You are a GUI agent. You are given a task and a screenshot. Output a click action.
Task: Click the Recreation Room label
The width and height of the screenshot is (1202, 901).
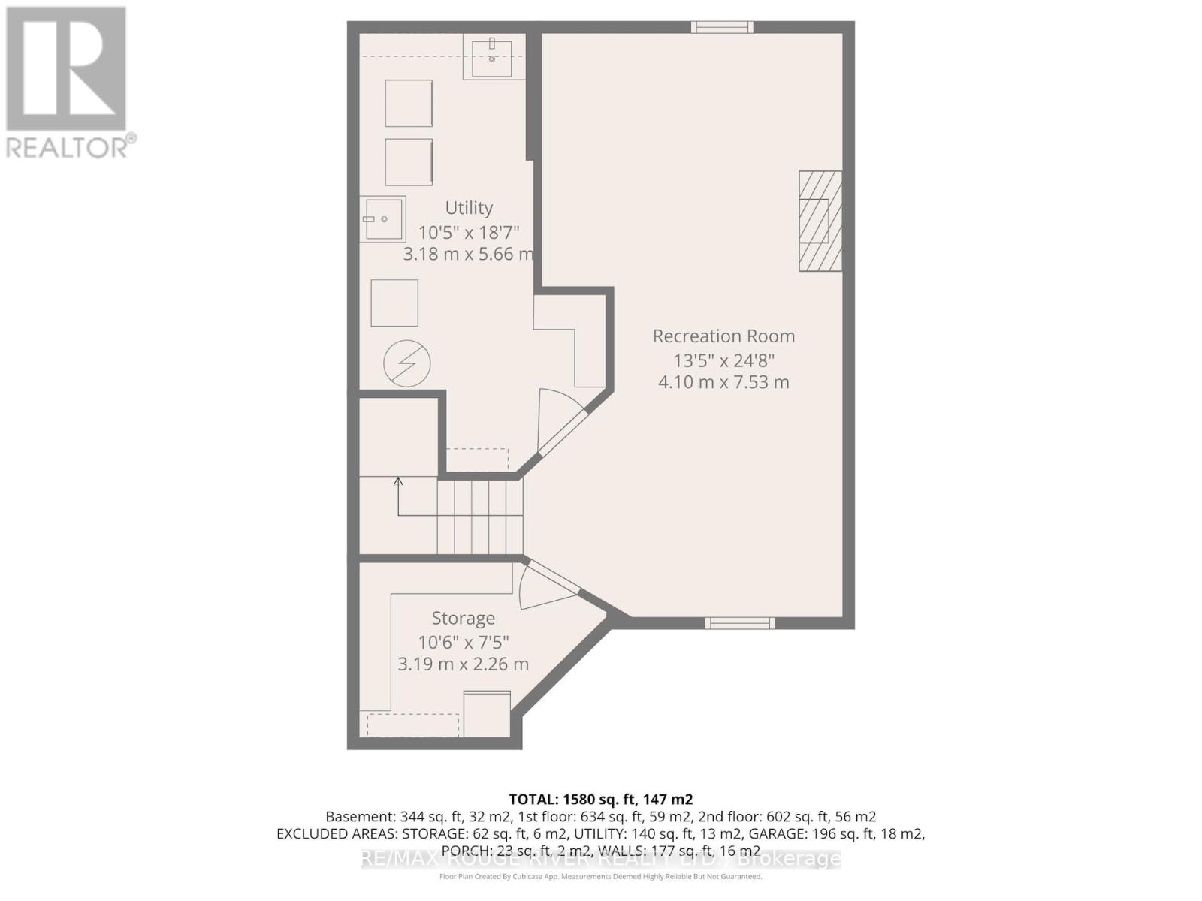point(723,336)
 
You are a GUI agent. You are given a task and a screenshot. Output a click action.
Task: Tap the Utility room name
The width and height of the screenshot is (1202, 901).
point(469,208)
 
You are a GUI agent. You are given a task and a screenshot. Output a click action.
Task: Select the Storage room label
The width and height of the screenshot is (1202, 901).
point(463,619)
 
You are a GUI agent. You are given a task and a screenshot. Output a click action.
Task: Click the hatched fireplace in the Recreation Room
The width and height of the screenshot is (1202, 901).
point(820,221)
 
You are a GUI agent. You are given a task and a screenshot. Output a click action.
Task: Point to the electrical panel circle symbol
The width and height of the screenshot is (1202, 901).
point(406,364)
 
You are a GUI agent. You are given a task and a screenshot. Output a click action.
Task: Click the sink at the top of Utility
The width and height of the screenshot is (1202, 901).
point(492,58)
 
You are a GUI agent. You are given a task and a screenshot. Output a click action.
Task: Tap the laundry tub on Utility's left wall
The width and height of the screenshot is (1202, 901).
point(382,218)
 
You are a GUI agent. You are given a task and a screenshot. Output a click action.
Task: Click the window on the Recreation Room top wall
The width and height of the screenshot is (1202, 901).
point(721,27)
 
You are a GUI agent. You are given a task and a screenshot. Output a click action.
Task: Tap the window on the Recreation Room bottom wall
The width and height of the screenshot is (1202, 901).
point(739,622)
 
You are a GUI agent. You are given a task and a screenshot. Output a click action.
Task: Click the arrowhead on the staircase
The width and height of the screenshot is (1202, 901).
point(398,481)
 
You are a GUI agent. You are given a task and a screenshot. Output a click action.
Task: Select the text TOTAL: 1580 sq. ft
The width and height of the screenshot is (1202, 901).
point(600,799)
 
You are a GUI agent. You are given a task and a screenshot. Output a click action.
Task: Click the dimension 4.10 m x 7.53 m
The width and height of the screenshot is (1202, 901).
point(723,382)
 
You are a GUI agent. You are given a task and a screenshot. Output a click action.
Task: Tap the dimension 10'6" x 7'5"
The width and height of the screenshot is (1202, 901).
point(463,643)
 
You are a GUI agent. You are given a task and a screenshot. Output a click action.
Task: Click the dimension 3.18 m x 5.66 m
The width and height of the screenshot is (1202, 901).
point(468,254)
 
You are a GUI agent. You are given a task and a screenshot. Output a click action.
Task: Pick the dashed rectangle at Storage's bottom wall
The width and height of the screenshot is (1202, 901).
point(412,725)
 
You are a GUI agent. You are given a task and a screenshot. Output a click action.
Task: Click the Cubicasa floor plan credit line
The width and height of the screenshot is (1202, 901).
point(600,876)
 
